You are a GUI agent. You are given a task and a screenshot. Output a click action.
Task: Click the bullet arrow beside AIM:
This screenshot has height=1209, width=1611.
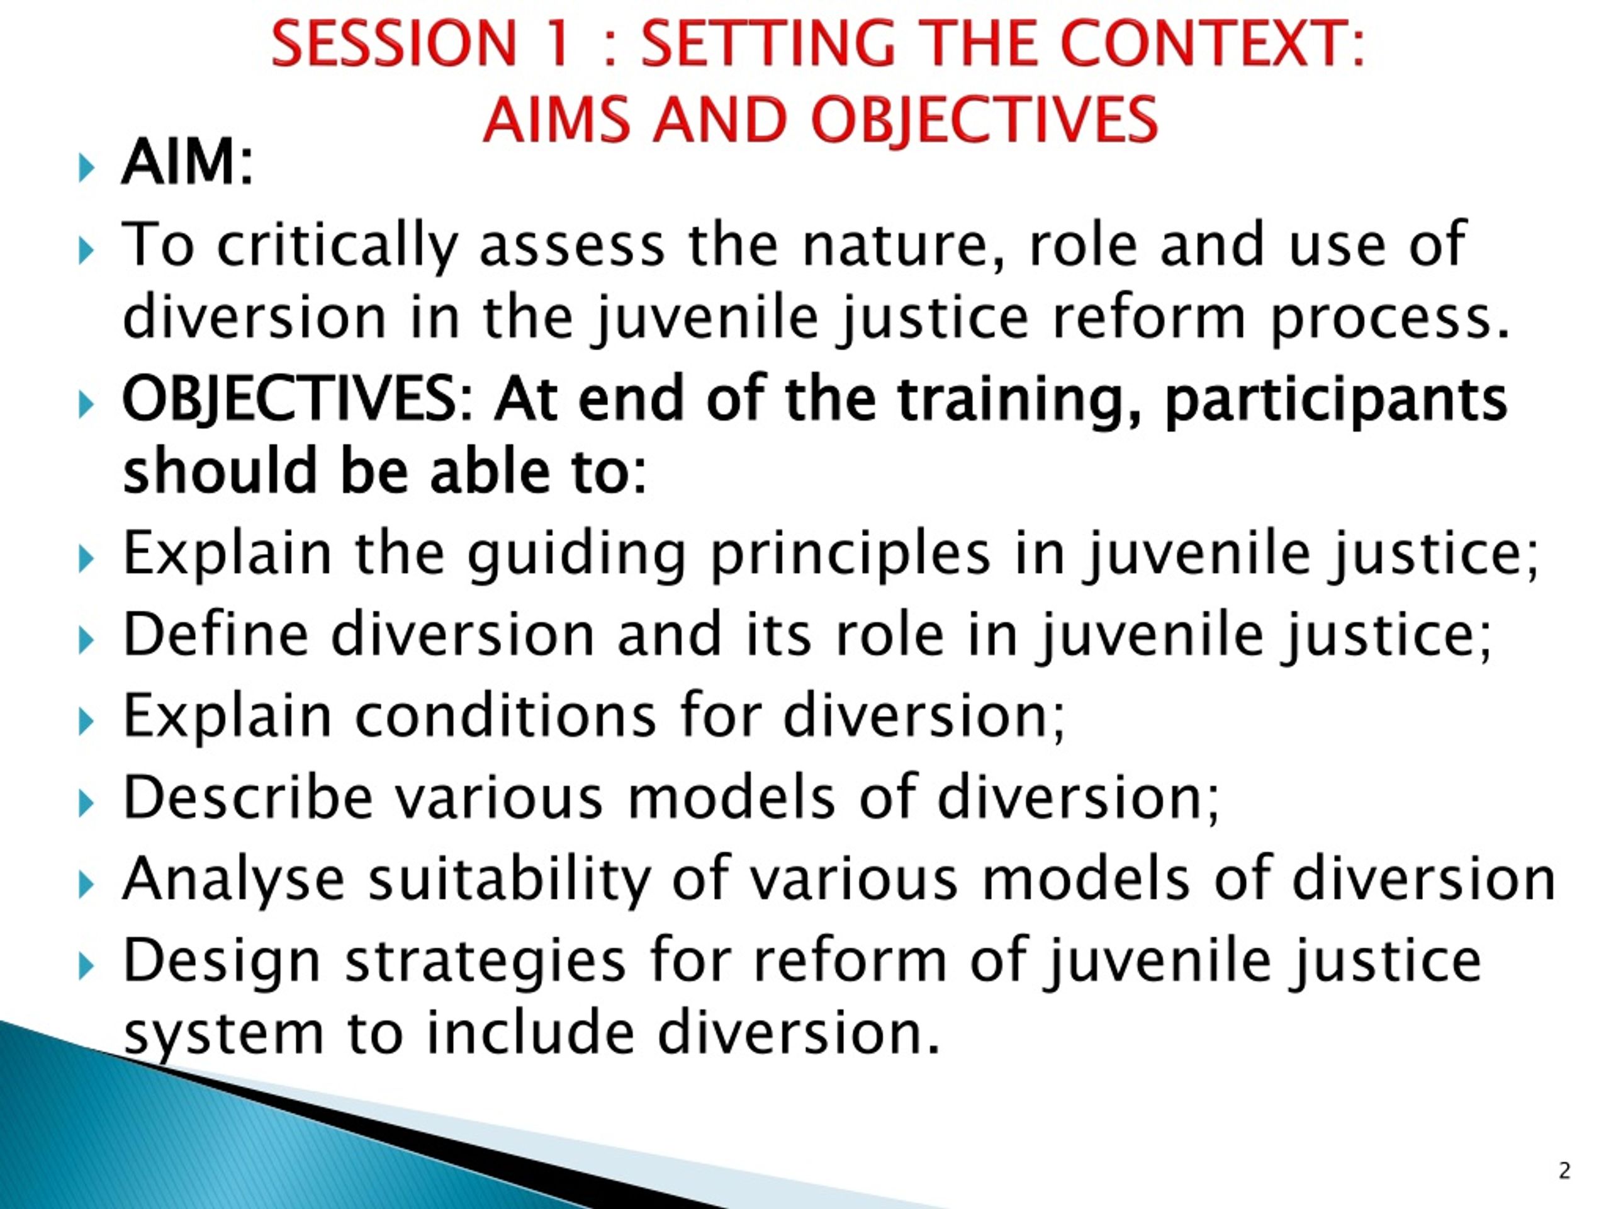coord(86,168)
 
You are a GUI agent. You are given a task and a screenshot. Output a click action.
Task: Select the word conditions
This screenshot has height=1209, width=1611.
coord(505,715)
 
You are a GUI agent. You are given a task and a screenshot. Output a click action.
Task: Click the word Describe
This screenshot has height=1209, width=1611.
coord(249,797)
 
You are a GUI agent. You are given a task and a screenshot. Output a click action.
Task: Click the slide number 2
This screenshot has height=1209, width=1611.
coord(1564,1171)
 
